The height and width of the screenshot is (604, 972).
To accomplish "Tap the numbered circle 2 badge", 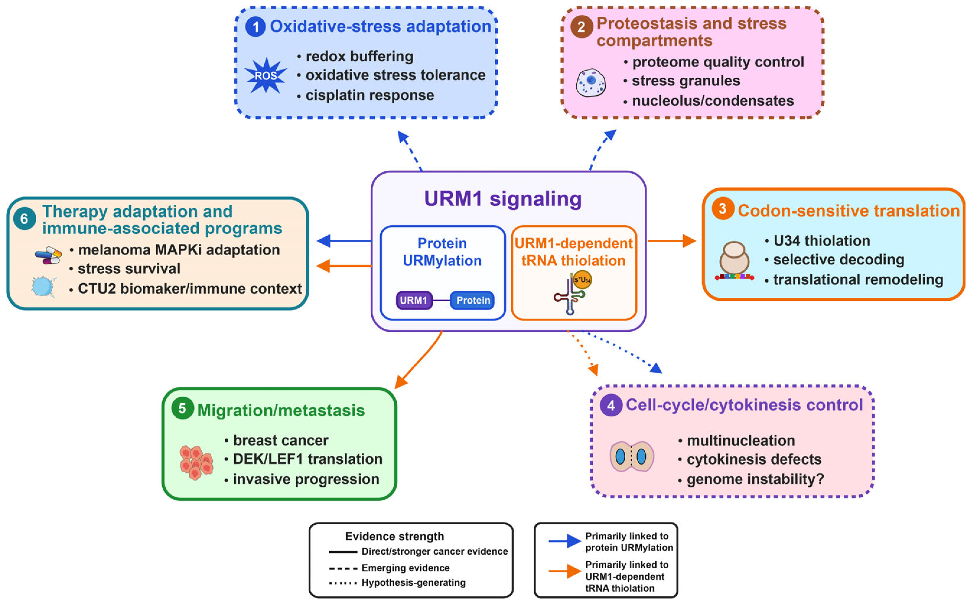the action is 582,27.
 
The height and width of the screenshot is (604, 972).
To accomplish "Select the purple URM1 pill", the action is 414,300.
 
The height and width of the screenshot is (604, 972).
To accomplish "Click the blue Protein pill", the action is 473,300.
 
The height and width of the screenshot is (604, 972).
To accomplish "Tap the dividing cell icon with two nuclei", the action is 631,457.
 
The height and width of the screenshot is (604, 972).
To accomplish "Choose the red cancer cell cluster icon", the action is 196,463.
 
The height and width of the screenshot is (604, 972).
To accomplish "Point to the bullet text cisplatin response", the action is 370,95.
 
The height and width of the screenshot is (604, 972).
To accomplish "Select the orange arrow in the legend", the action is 565,571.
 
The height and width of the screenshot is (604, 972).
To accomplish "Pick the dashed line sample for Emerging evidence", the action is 343,568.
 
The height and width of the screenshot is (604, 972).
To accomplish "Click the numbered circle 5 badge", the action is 182,408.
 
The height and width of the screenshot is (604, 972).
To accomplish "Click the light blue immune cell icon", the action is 43,287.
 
